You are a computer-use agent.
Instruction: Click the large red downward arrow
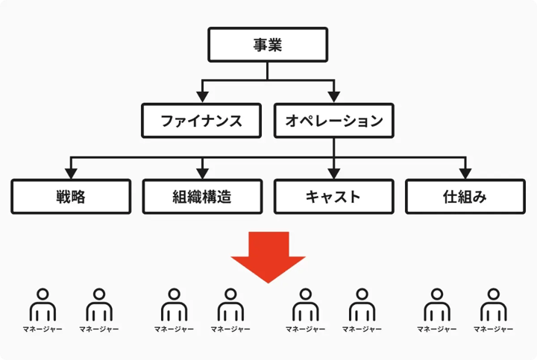tap(268, 257)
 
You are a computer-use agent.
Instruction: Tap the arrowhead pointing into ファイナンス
tap(202, 97)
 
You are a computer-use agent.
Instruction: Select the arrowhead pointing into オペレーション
tap(334, 97)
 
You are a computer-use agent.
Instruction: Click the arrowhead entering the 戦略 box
tap(71, 174)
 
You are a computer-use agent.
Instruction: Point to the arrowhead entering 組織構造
tap(202, 174)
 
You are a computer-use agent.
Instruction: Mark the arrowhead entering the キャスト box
tap(334, 174)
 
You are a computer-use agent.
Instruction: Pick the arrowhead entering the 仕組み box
tap(465, 174)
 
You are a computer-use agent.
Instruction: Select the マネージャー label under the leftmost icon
tap(43, 329)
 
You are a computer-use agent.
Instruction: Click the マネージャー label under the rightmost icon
tap(494, 329)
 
